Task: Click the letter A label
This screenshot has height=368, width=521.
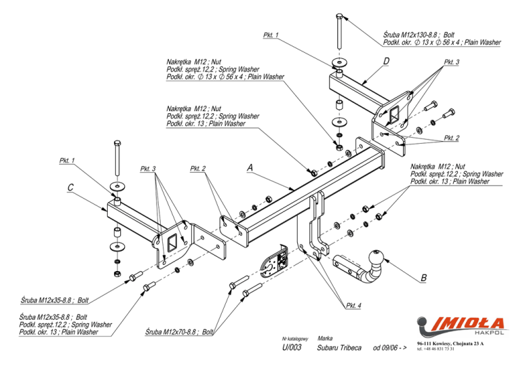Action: coord(250,166)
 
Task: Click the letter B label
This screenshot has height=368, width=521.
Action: coord(423,278)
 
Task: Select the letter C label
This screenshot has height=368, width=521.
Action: coord(70,188)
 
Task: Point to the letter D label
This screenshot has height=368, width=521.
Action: coord(386,62)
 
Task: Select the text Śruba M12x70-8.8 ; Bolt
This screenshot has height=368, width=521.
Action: coord(180,333)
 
